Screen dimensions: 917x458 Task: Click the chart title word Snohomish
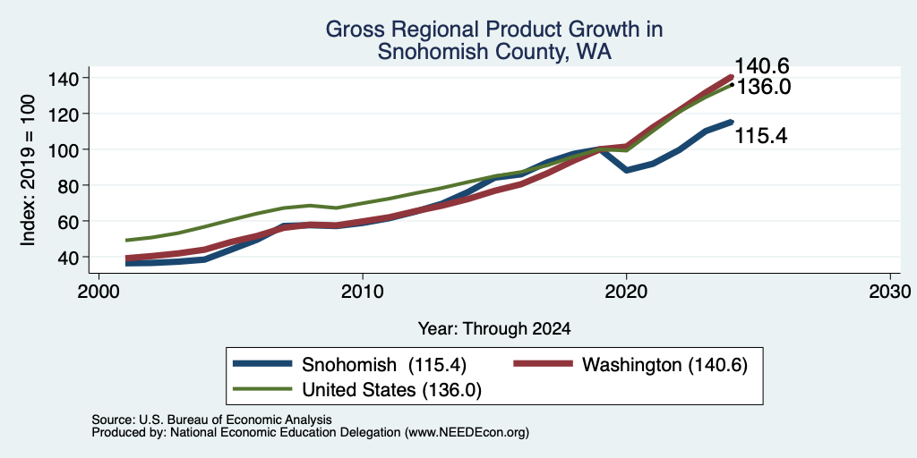point(419,52)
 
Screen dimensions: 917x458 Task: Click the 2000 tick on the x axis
point(99,291)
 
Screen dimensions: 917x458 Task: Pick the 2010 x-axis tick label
point(363,291)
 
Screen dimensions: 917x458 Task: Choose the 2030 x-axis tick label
point(890,291)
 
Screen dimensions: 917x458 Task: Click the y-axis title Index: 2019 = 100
point(28,170)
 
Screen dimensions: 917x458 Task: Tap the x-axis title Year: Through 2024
point(494,329)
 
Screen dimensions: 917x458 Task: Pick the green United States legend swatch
point(262,389)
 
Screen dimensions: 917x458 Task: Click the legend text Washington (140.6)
point(665,365)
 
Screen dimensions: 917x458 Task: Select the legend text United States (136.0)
point(392,390)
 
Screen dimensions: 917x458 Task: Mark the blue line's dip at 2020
point(626,171)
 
